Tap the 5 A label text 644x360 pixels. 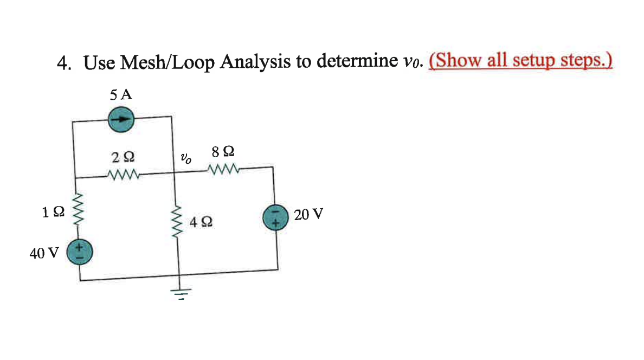click(120, 95)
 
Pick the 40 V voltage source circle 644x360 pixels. click(80, 251)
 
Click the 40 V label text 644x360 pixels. click(45, 253)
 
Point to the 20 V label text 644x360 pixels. click(309, 215)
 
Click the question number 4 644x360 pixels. click(63, 64)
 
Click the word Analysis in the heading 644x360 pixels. click(256, 63)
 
